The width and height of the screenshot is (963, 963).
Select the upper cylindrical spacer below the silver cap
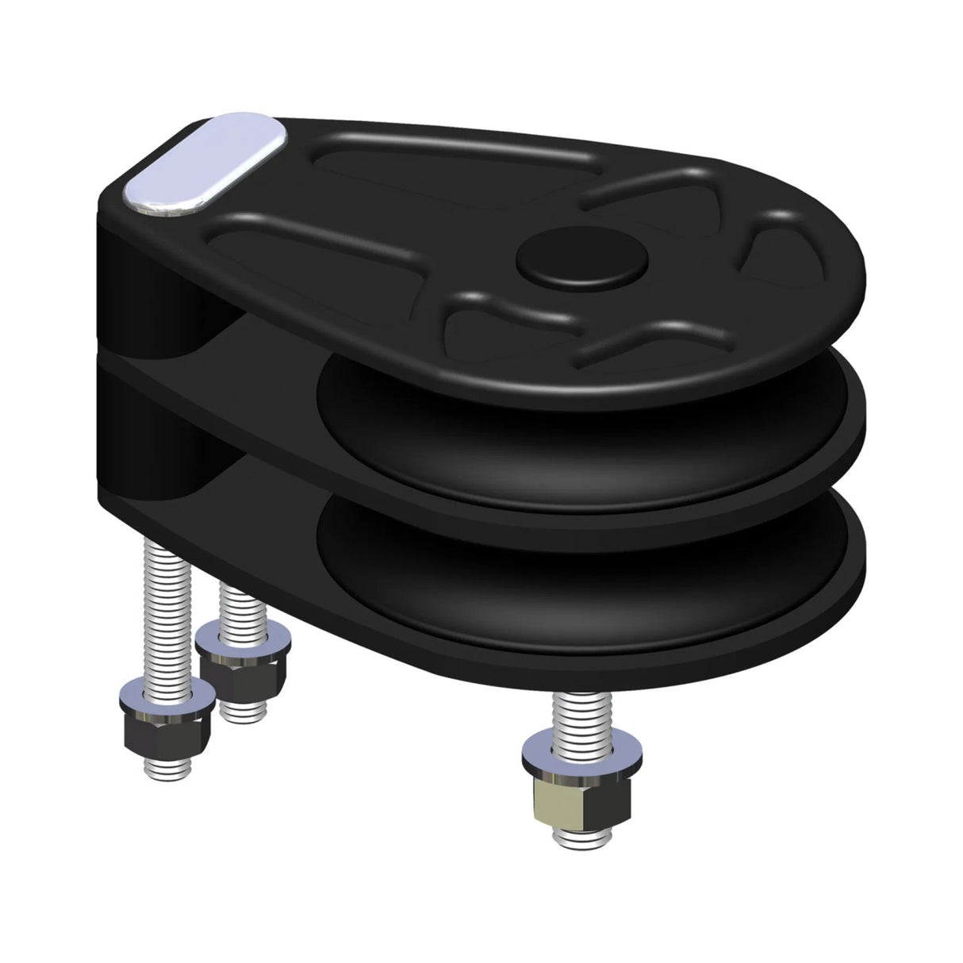[x=147, y=278]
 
